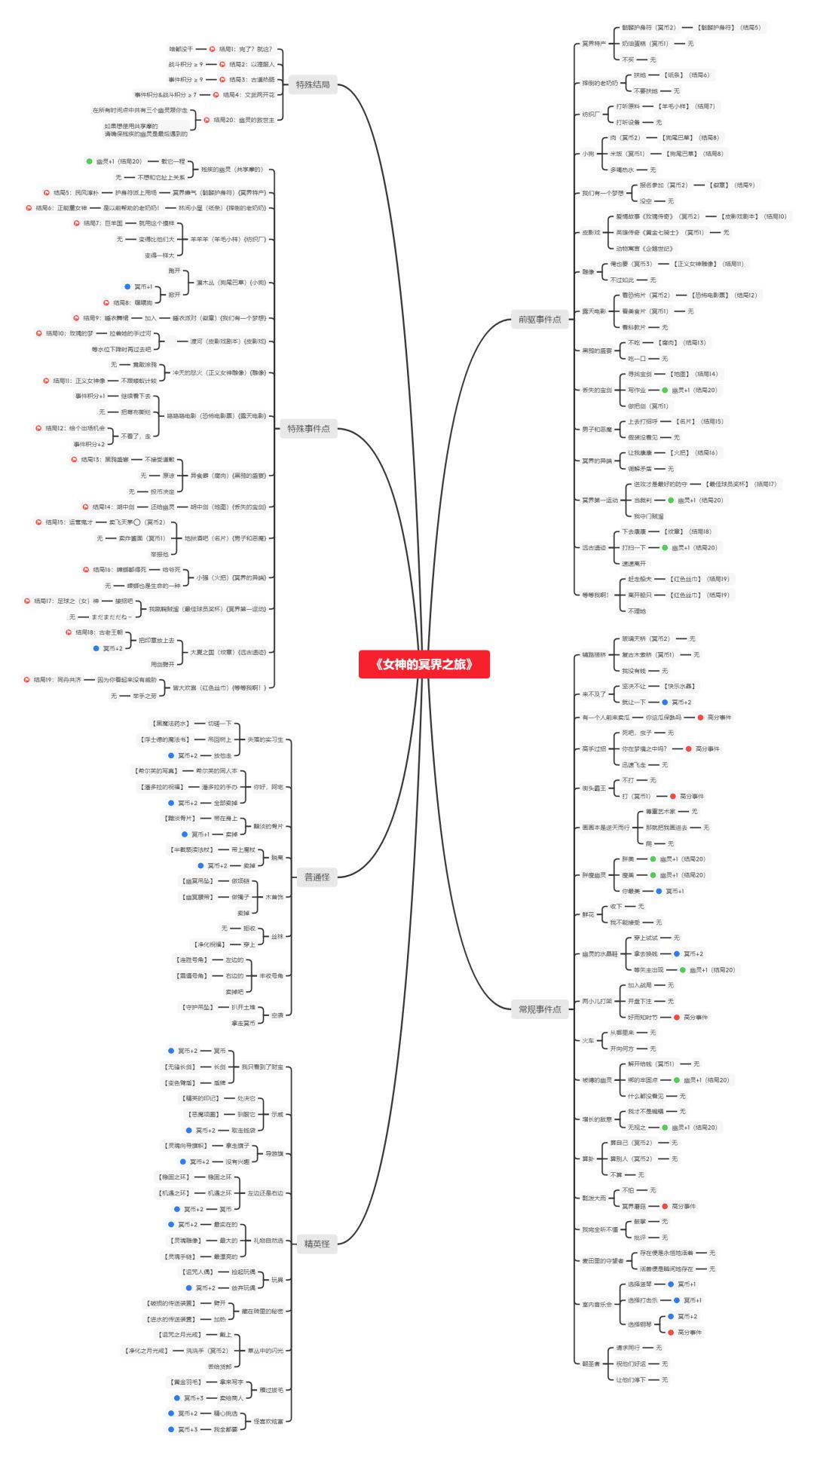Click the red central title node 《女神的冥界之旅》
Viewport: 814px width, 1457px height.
424,664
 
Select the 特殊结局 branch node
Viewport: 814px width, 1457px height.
313,84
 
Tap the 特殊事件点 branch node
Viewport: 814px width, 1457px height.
308,429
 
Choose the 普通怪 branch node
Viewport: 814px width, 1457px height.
317,877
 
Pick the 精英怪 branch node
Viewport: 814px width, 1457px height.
317,1243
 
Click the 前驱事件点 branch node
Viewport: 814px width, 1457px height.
539,320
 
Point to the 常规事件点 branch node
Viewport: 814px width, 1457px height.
540,1009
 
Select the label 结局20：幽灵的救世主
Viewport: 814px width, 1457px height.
243,120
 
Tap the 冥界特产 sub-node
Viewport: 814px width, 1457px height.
594,44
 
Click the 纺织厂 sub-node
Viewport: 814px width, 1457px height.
590,114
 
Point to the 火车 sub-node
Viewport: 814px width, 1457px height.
588,1040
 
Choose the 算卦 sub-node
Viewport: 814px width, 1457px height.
588,1159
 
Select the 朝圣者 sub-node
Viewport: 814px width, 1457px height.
591,1363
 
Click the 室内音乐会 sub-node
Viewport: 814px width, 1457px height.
597,1304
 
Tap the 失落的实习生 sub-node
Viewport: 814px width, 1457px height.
265,739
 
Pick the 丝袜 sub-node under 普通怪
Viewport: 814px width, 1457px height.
277,936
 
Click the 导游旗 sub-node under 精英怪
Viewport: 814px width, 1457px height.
274,1153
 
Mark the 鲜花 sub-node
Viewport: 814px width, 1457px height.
588,914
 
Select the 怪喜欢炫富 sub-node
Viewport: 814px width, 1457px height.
268,1421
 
